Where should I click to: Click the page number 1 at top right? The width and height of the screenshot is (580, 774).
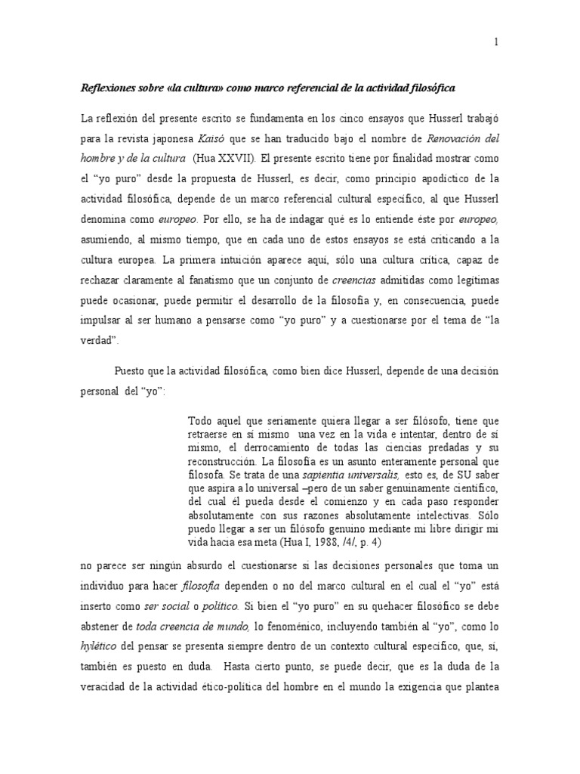[496, 43]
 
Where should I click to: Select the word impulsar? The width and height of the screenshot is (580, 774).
[102, 299]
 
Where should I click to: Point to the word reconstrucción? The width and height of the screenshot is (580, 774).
[221, 460]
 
